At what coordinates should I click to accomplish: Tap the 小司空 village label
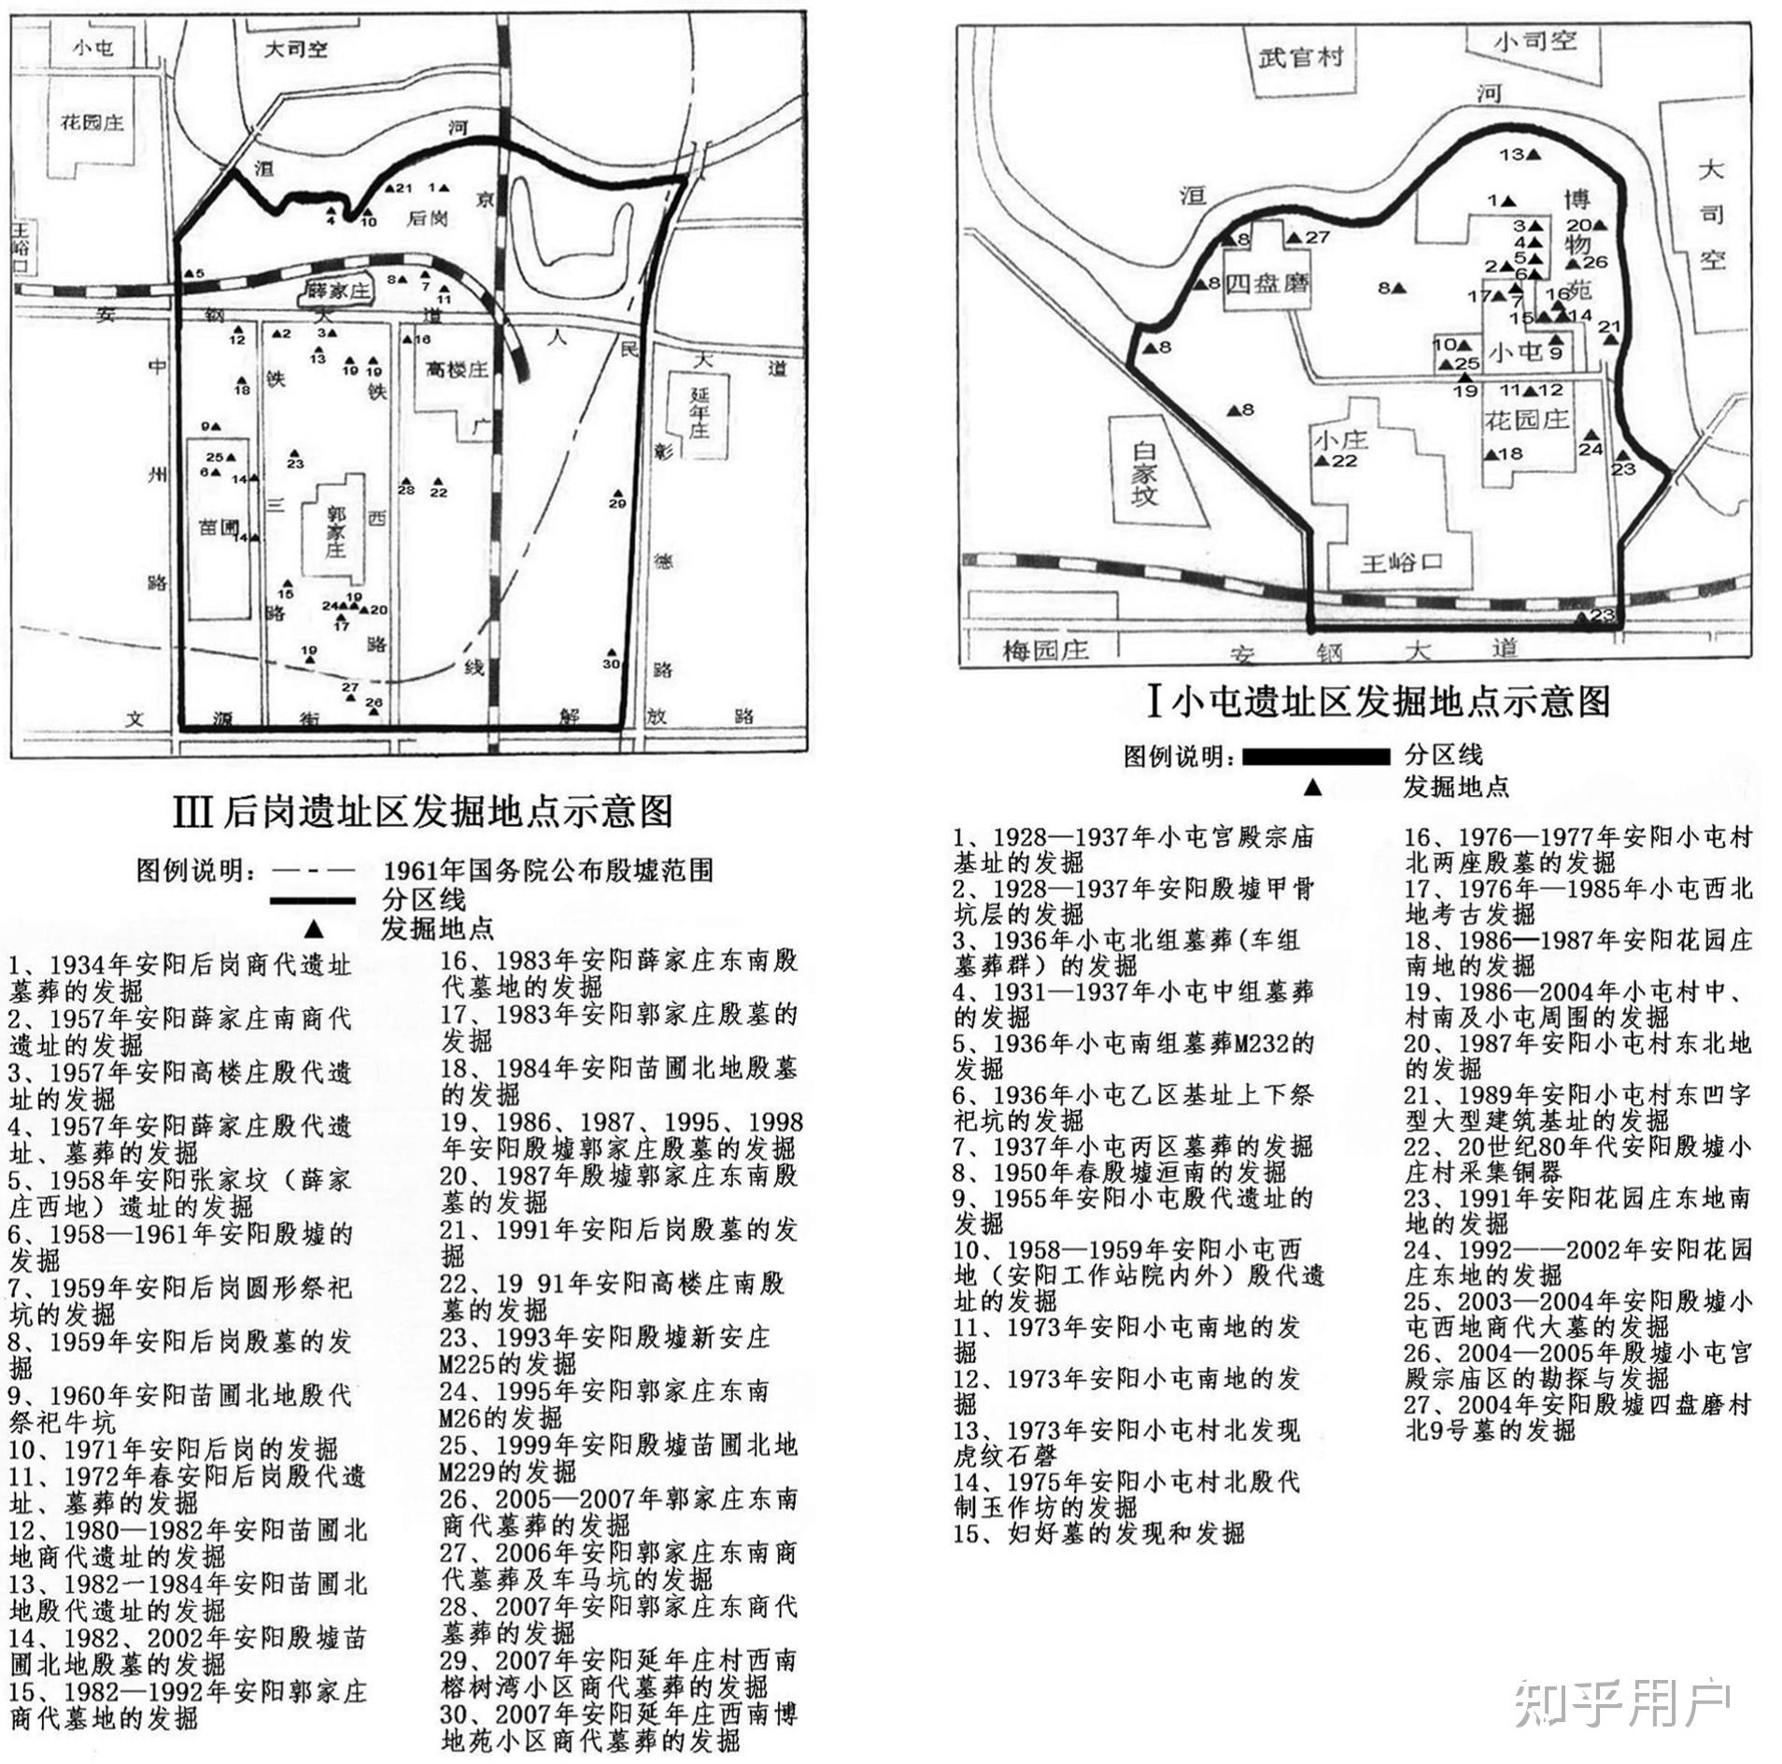point(1535,42)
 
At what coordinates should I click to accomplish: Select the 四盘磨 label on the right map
point(1266,282)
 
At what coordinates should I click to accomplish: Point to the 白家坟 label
point(1144,474)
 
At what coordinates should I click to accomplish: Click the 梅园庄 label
point(1046,648)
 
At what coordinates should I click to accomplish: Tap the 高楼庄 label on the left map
point(457,370)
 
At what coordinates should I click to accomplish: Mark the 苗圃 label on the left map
point(219,527)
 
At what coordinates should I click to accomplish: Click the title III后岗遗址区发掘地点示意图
point(423,811)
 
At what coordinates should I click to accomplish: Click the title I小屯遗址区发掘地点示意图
point(1379,702)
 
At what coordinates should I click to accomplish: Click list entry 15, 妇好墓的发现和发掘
point(1098,1533)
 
